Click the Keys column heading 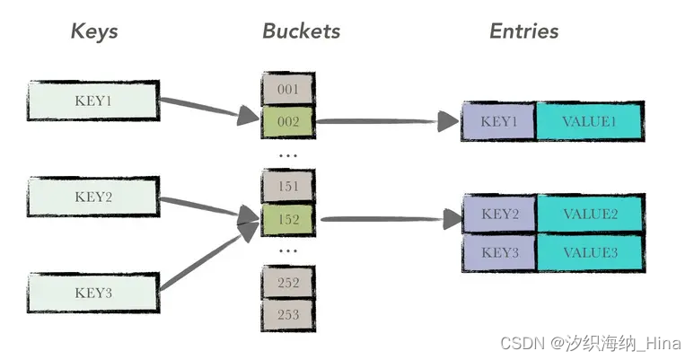(x=94, y=31)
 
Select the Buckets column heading (x=301, y=31)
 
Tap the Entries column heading (x=523, y=31)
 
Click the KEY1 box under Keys (x=93, y=100)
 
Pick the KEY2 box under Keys (x=93, y=197)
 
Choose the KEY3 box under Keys (x=93, y=293)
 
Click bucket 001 (x=287, y=89)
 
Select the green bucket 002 (x=287, y=120)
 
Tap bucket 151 (x=287, y=185)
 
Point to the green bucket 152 (x=287, y=217)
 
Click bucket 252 (x=287, y=282)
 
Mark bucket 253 (x=287, y=314)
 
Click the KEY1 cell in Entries (x=498, y=121)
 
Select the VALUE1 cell (x=590, y=121)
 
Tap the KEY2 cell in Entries (x=499, y=215)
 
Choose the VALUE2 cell (x=590, y=215)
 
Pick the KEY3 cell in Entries (x=499, y=252)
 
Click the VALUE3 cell (x=590, y=252)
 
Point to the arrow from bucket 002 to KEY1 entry (x=386, y=121)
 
